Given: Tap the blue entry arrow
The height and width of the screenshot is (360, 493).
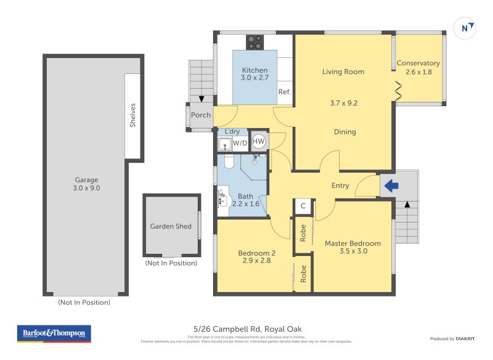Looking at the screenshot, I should point(391,185).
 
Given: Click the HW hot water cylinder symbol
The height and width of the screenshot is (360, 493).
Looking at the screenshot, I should point(259,142).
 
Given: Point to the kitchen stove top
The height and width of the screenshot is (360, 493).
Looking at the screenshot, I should point(255,42).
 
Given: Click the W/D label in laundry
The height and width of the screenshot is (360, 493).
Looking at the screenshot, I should point(240,144).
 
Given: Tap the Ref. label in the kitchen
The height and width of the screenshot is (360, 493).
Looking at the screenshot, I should point(284,92).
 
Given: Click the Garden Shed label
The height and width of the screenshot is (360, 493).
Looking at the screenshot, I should point(171,226).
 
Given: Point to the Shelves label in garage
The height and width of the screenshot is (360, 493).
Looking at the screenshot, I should point(132,115).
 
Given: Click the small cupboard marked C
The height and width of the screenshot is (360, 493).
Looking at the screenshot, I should point(303,206).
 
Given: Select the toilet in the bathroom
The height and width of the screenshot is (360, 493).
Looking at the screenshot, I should point(227,162).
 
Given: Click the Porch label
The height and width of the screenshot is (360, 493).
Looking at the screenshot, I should point(201,115).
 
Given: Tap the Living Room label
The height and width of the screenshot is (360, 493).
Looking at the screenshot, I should point(343,72).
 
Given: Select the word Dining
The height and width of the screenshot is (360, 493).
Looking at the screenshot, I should point(344,131).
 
